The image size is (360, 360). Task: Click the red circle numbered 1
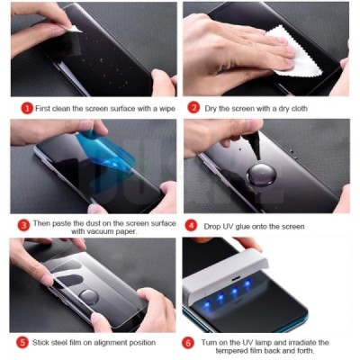tap(27, 107)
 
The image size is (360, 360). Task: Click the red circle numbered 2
tap(194, 107)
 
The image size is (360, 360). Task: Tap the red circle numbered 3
tap(24, 225)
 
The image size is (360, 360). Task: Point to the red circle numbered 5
tap(22, 342)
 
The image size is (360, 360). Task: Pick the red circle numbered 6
tap(190, 342)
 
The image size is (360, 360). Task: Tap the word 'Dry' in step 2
tap(211, 107)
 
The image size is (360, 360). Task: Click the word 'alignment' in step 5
tap(110, 342)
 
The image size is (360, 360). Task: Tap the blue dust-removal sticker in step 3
tap(94, 149)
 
